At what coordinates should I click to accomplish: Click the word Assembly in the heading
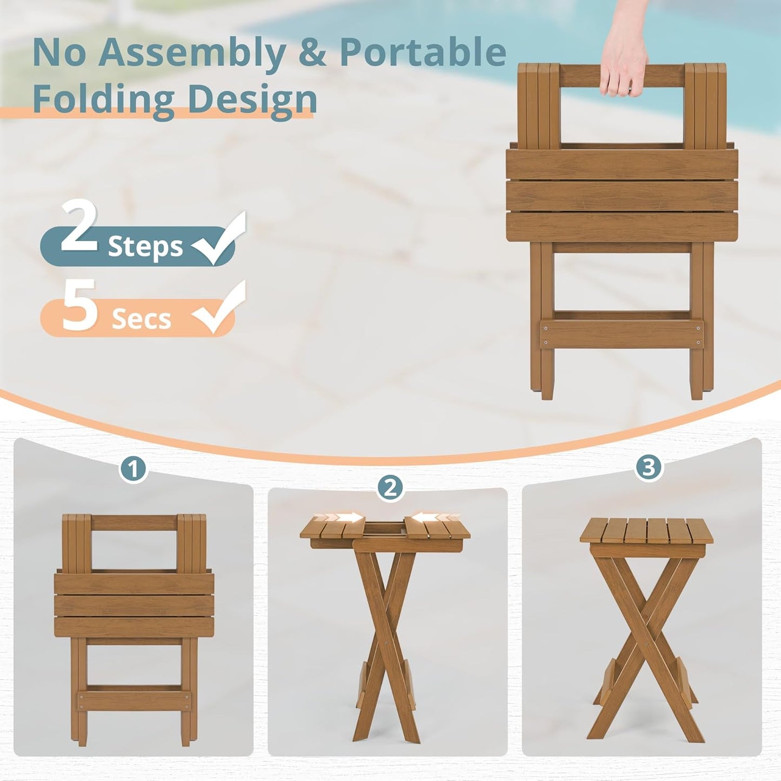point(191,54)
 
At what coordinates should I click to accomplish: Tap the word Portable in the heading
point(423,52)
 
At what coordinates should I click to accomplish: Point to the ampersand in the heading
point(313,52)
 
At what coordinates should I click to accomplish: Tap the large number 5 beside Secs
point(80,305)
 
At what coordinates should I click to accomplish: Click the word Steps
point(145,247)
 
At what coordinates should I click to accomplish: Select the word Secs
point(141,319)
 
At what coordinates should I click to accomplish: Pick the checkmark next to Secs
point(221,309)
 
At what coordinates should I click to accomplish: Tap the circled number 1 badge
point(133,469)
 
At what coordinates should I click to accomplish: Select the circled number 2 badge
point(390,487)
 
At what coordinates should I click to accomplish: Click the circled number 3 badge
point(649,466)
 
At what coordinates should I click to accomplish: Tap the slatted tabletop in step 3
point(646,532)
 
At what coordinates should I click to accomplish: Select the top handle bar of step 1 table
point(135,522)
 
